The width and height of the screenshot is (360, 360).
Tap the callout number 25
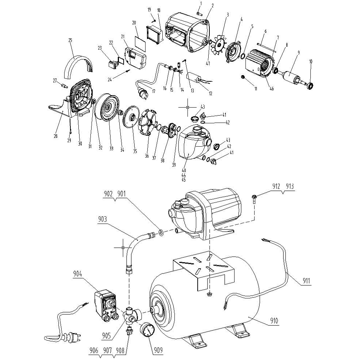(x=70, y=40)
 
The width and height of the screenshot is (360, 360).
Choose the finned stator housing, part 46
(x=259, y=66)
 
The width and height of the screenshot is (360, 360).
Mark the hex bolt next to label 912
(x=254, y=198)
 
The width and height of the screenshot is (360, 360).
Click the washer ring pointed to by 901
(x=161, y=232)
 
